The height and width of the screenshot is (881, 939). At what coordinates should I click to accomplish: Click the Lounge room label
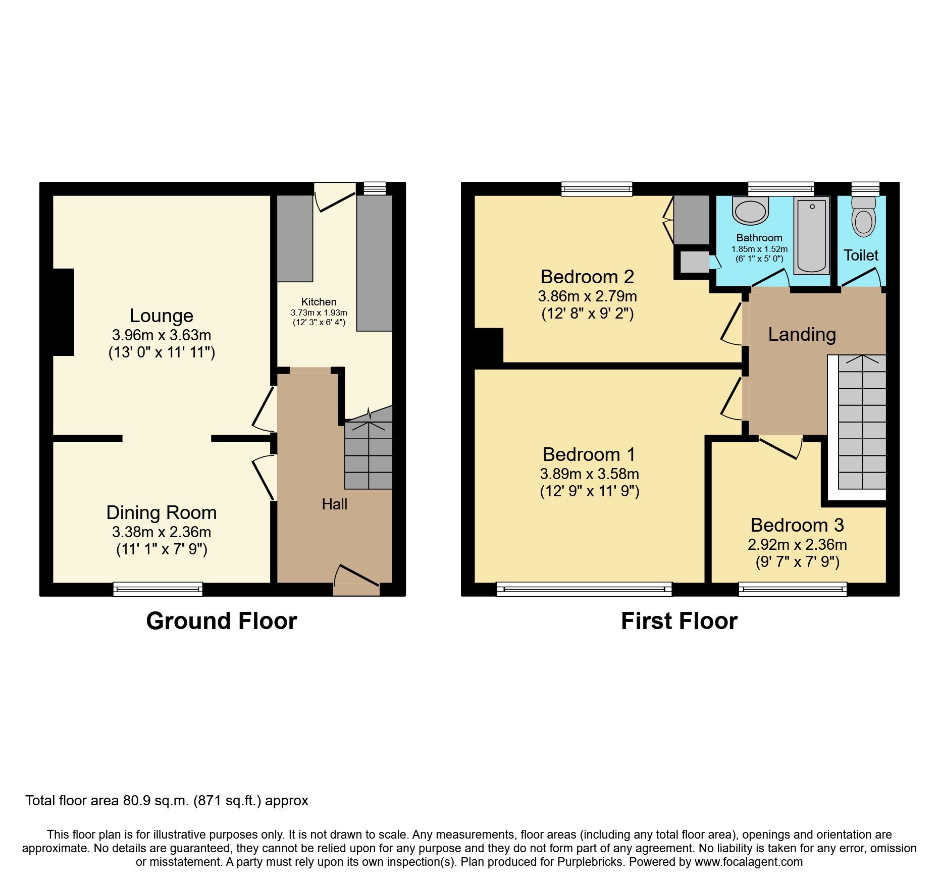[x=161, y=316]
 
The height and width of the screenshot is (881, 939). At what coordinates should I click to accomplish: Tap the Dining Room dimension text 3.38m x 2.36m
[x=162, y=532]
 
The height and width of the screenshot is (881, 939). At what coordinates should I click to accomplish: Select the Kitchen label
[x=319, y=302]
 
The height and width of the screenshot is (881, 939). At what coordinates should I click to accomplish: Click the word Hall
[x=334, y=504]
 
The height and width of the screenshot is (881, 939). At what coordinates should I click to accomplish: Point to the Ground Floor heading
[x=221, y=621]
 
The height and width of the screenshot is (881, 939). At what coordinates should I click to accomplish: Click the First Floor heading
[x=679, y=621]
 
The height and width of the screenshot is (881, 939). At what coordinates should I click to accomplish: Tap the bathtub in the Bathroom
[x=811, y=235]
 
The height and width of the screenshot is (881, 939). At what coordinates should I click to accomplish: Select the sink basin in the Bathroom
[x=750, y=211]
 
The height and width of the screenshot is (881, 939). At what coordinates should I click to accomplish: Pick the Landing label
[x=802, y=334]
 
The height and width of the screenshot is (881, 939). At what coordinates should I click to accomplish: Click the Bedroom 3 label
[x=797, y=525]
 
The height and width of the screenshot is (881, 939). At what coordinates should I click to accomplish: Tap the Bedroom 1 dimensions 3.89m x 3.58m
[x=589, y=474]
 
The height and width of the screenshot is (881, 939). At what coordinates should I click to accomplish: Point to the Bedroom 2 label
[x=587, y=277]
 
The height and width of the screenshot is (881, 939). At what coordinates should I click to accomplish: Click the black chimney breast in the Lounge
[x=64, y=312]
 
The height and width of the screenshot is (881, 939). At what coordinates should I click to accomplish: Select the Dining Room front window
[x=158, y=589]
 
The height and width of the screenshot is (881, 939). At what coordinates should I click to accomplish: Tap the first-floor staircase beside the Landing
[x=862, y=422]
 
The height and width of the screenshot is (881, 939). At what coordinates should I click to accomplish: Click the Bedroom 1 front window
[x=584, y=589]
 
